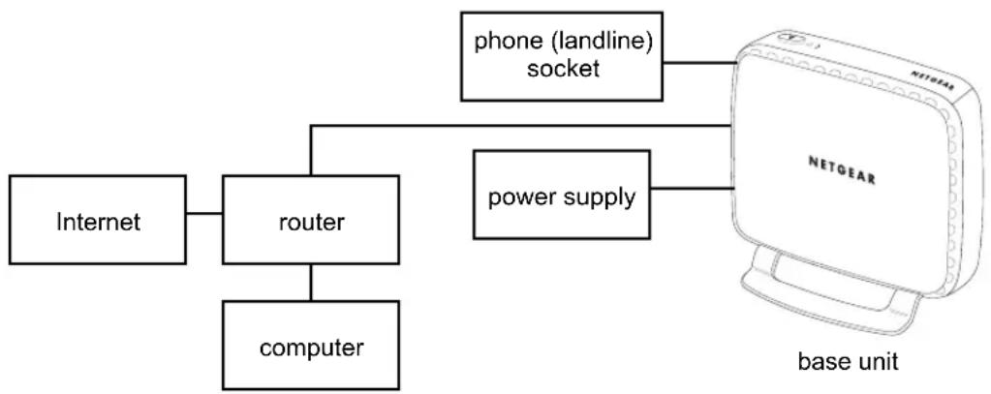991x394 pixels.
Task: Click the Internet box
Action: (x=97, y=220)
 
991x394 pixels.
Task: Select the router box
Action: (x=311, y=220)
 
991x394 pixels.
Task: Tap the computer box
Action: (x=311, y=345)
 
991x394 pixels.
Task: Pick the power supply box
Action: (x=562, y=195)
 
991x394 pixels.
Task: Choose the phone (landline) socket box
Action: (x=562, y=56)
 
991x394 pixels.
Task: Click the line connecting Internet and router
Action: (x=204, y=213)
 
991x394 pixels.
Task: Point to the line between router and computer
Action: (x=311, y=283)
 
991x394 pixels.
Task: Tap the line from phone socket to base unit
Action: (x=699, y=63)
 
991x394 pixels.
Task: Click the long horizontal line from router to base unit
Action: (x=519, y=126)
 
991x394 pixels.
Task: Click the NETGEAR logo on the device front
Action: (x=843, y=169)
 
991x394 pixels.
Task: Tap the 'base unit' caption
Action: (x=848, y=362)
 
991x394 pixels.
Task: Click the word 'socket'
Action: (x=563, y=68)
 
